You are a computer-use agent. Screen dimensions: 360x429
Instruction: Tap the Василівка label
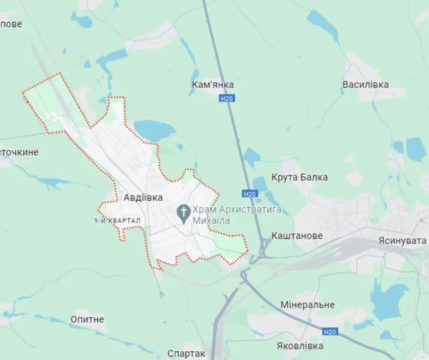pyautogui.click(x=365, y=85)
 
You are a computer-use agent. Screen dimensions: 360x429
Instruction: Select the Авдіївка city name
pyautogui.click(x=143, y=197)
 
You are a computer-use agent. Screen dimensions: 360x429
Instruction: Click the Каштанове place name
pyautogui.click(x=297, y=236)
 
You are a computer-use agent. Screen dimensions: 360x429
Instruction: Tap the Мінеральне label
pyautogui.click(x=308, y=305)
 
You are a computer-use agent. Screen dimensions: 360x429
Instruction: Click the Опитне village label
pyautogui.click(x=87, y=319)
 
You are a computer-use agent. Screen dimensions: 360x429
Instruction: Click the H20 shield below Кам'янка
pyautogui.click(x=227, y=99)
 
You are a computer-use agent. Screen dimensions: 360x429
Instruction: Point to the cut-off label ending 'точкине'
pyautogui.click(x=19, y=152)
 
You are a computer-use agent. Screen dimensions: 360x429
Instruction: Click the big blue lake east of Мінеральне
pyautogui.click(x=389, y=300)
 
